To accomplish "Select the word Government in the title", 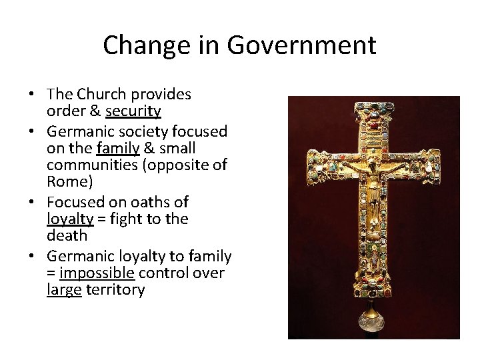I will (x=301, y=45).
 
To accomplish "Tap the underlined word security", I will (x=133, y=111).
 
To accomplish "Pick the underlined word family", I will (x=117, y=147).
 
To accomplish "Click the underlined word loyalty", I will (x=70, y=219).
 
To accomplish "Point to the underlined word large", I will (x=64, y=291).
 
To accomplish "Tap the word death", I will (x=67, y=236).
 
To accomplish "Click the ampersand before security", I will (x=94, y=111).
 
